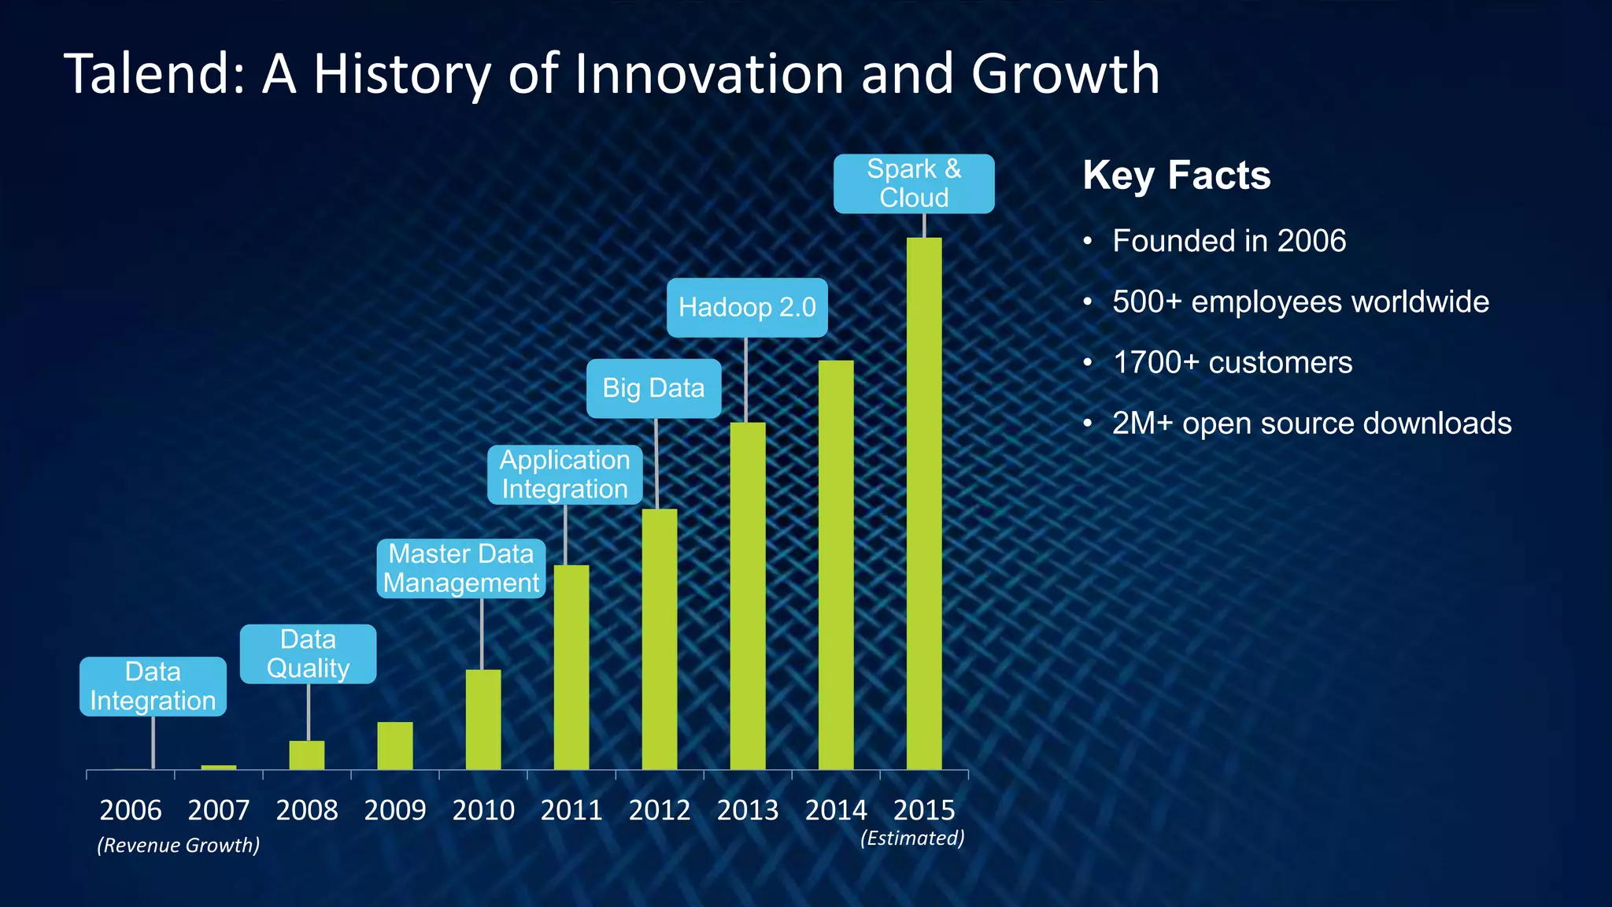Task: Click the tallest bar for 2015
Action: coord(923,504)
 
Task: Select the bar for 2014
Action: coord(835,565)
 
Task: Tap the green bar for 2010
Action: coord(482,720)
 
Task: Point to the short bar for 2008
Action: coord(306,755)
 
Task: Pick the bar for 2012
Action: coord(659,639)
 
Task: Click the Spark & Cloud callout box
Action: coord(914,183)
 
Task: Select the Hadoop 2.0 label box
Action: coord(747,307)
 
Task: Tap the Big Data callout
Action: coord(653,388)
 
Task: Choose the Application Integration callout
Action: coord(564,475)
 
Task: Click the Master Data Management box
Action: coord(461,568)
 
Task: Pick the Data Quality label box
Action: coord(308,653)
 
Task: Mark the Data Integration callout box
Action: coord(153,687)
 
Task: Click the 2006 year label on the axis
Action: coord(131,810)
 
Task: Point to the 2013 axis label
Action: coord(747,810)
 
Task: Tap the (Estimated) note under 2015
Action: coord(912,838)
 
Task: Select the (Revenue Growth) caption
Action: coord(178,846)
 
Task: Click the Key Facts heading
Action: coord(1176,175)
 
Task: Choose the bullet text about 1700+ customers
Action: coord(1232,363)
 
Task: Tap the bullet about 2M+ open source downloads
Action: coord(1311,424)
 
